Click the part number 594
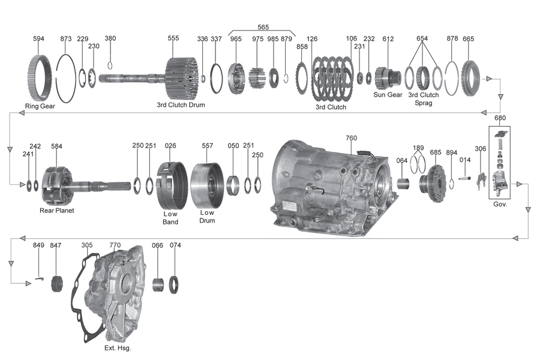click(x=38, y=38)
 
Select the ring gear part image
click(x=42, y=78)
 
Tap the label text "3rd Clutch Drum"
click(x=181, y=105)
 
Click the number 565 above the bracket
click(x=263, y=27)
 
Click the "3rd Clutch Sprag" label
click(x=424, y=98)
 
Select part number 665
click(x=468, y=38)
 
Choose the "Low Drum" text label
click(x=207, y=217)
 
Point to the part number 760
click(x=351, y=138)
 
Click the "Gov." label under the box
click(x=500, y=204)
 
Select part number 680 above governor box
click(x=500, y=118)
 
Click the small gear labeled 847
click(x=58, y=282)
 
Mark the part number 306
click(x=481, y=149)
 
